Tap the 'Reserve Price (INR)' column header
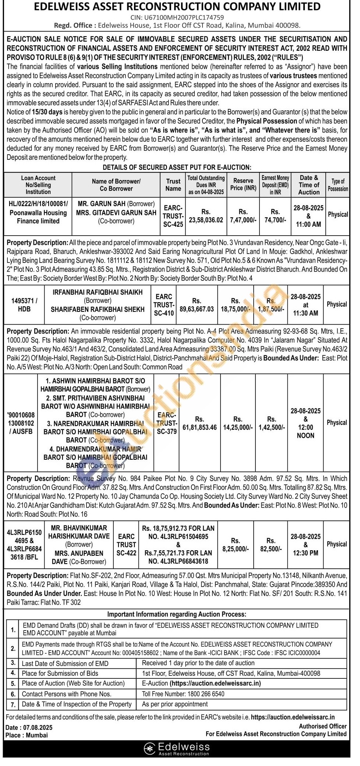coord(243,184)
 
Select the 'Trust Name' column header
coord(173,185)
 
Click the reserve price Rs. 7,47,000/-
coord(243,216)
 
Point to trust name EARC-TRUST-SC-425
coord(173,216)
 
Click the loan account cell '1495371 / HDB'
coord(24,305)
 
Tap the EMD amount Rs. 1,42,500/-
coord(272,423)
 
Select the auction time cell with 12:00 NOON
coord(306,423)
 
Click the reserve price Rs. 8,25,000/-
coord(236,545)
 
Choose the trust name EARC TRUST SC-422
coord(126,545)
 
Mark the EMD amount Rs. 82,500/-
coord(271,545)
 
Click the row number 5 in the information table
coord(13,684)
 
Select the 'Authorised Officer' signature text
coord(322,726)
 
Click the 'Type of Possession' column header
coord(338,185)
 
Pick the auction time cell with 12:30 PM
coord(306,545)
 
